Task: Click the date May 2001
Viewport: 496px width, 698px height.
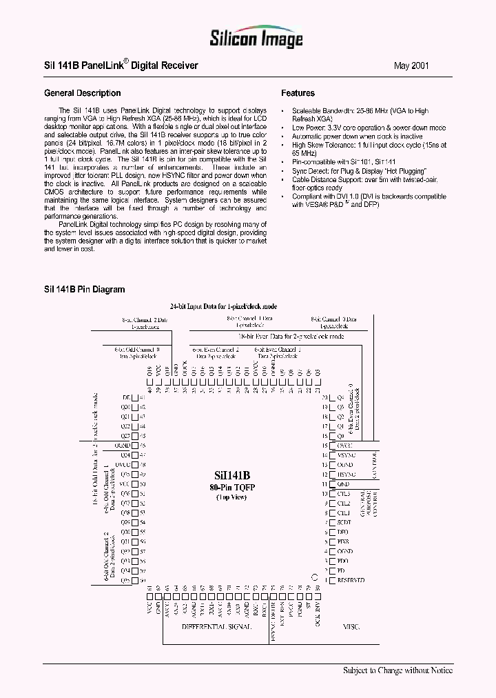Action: click(411, 66)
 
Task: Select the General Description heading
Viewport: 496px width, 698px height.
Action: click(82, 93)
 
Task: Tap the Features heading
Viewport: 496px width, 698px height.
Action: click(298, 93)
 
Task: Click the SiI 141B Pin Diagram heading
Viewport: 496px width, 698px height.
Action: click(84, 290)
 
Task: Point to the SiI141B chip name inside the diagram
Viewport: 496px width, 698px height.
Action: click(233, 475)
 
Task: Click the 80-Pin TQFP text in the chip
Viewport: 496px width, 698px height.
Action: click(233, 487)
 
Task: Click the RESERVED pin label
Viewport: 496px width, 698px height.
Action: click(351, 581)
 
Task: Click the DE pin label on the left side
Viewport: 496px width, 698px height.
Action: click(126, 398)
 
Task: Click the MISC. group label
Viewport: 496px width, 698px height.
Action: click(351, 627)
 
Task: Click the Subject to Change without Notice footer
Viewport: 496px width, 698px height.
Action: click(397, 670)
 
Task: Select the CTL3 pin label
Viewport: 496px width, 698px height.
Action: click(344, 494)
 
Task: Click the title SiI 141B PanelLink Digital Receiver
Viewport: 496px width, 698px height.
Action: click(121, 66)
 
